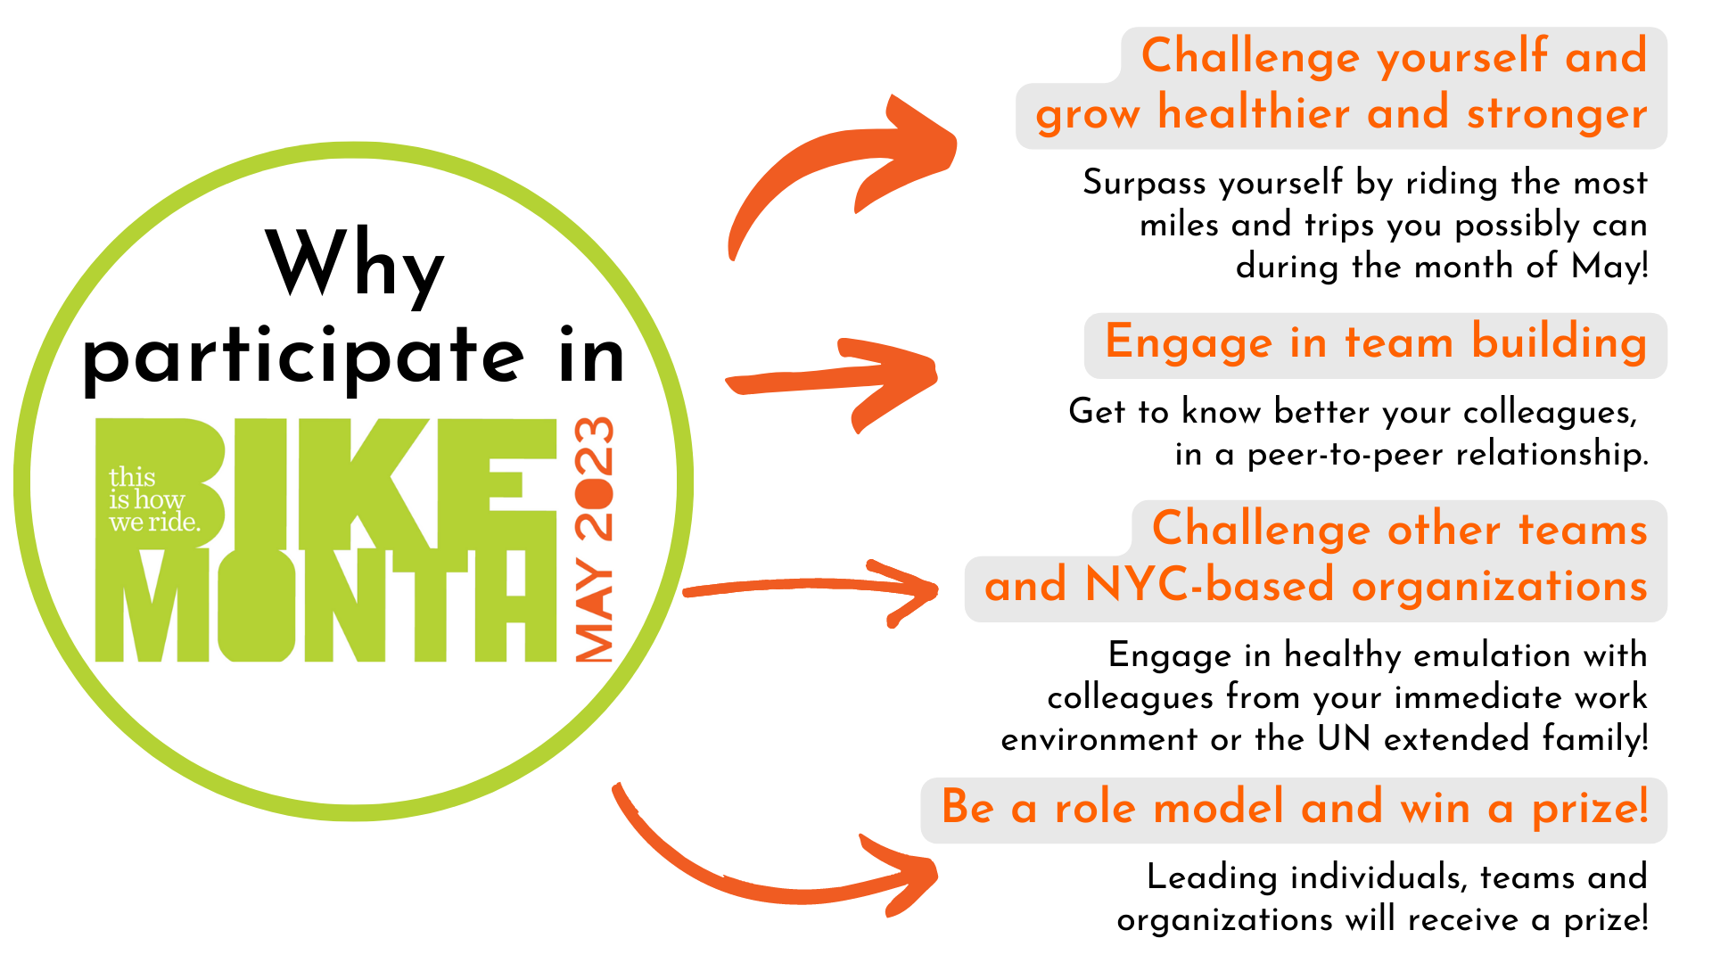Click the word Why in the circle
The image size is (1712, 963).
point(355,264)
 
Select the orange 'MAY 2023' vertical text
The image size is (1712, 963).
point(595,539)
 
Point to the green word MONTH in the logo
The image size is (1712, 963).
point(326,605)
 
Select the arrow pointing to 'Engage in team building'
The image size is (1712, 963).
point(831,382)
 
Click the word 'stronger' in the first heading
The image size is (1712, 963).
point(1557,114)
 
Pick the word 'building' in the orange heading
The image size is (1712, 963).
point(1559,344)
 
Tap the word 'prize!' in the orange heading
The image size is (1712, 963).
point(1590,810)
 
